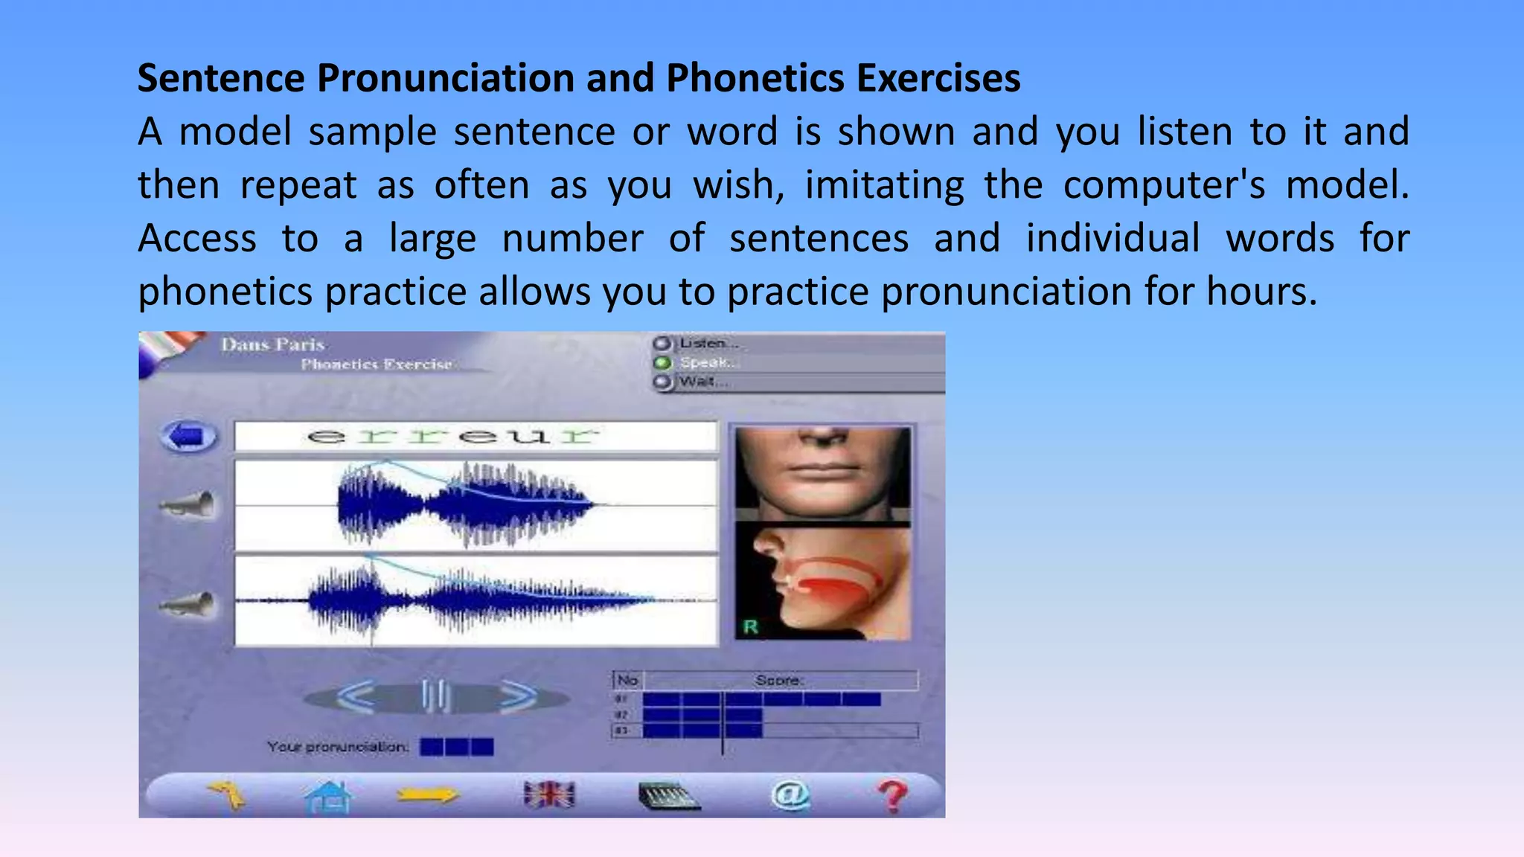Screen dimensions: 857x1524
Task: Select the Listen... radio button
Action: pyautogui.click(x=662, y=344)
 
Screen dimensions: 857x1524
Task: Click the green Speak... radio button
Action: pyautogui.click(x=662, y=363)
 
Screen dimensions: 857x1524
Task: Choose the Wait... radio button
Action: pyautogui.click(x=662, y=382)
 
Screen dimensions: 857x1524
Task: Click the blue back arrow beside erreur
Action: pyautogui.click(x=189, y=436)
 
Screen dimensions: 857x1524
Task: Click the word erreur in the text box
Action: pyautogui.click(x=452, y=436)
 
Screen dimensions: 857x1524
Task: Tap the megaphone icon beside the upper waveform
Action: pyautogui.click(x=189, y=505)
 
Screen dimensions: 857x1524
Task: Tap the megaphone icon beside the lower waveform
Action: pyautogui.click(x=189, y=603)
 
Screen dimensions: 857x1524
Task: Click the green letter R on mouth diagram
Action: pyautogui.click(x=750, y=626)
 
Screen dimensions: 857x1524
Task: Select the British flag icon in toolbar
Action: pyautogui.click(x=549, y=795)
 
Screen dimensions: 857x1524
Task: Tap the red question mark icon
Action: pyautogui.click(x=892, y=796)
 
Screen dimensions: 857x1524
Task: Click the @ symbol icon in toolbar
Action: pyautogui.click(x=790, y=795)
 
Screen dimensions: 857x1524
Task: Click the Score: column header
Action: pyautogui.click(x=779, y=680)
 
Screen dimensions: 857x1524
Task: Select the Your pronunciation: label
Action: pyautogui.click(x=338, y=746)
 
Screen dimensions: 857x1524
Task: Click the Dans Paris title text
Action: pyautogui.click(x=272, y=344)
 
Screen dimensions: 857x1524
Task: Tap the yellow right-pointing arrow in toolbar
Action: pyautogui.click(x=427, y=795)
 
